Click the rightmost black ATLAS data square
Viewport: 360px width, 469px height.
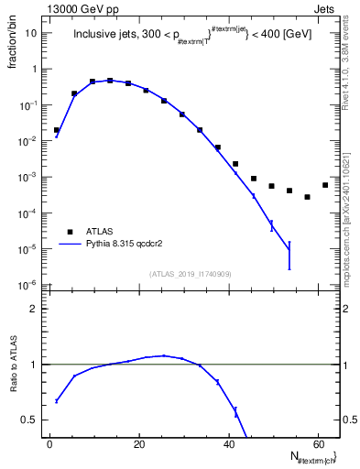point(325,185)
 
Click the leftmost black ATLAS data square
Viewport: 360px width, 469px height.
point(57,130)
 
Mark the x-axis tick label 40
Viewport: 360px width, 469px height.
point(227,444)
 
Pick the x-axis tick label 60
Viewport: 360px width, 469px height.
point(317,444)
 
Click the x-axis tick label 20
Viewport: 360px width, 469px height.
point(138,444)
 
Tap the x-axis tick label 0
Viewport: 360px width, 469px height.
point(49,444)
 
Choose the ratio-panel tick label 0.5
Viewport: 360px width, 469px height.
point(30,420)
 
